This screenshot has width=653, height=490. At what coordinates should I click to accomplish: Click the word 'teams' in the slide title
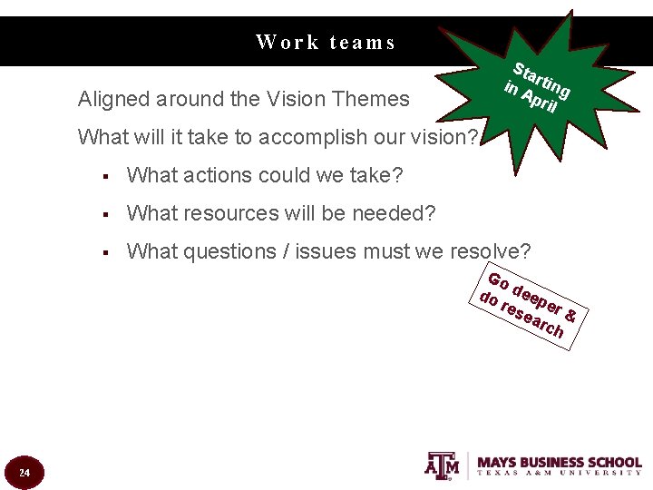[x=363, y=43]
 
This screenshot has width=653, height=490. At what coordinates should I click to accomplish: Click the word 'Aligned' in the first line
[x=113, y=99]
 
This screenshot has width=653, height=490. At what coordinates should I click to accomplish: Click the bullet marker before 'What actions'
[x=106, y=176]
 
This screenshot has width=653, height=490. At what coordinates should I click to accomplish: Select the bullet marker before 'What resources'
[x=106, y=214]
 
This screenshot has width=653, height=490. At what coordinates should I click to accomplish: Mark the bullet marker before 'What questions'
[x=106, y=252]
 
